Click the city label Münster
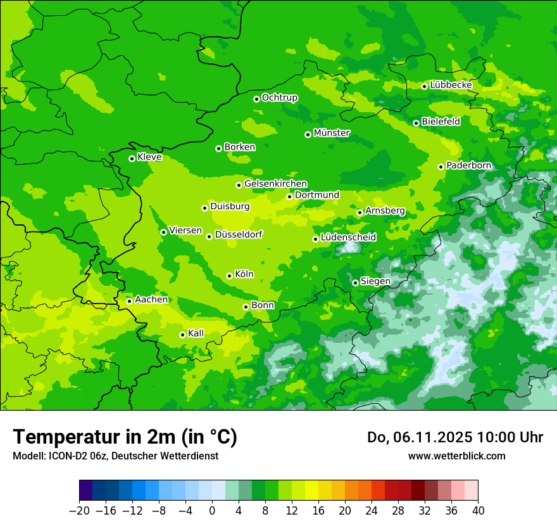coord(332,133)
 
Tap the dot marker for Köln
coord(229,276)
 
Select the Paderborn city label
coord(469,165)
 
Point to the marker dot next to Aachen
coord(129,301)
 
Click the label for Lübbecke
coord(451,85)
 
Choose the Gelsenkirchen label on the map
coord(275,184)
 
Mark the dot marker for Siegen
coord(355,283)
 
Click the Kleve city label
coord(149,157)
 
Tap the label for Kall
coord(196,333)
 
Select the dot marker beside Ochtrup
coord(256,99)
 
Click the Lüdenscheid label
coord(348,238)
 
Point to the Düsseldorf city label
coord(239,234)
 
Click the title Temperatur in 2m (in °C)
coord(125,437)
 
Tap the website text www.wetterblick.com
coord(456,456)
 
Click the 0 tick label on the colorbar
coord(212,511)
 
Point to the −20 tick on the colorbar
coord(78,511)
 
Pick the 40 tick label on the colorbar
coord(478,511)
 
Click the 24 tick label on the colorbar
coord(372,511)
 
